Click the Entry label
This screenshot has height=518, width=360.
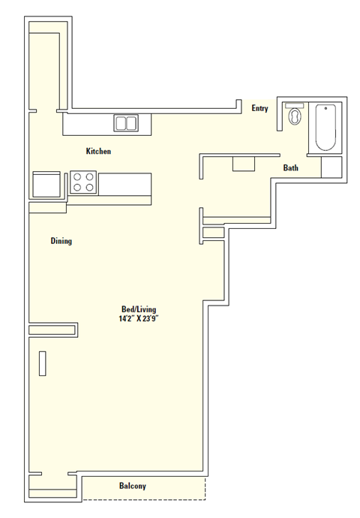coord(260,109)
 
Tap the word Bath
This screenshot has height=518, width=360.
coord(290,168)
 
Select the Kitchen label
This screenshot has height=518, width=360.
coord(98,152)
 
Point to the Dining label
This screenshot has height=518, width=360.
coord(61,241)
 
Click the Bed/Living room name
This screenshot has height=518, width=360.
coord(139,309)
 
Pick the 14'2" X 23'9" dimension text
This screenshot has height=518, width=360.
coord(139,318)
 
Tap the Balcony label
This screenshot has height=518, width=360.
coord(133,486)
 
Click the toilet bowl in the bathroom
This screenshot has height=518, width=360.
coord(295,117)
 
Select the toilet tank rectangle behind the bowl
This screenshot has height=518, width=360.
coord(294,106)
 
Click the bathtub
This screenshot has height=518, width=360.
coord(325,128)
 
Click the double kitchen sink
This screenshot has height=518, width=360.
coord(125,123)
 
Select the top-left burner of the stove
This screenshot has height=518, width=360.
coord(76,177)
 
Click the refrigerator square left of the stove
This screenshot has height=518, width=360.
coord(46,184)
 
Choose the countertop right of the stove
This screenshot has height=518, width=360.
coord(124,183)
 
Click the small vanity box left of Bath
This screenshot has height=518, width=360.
coord(243,164)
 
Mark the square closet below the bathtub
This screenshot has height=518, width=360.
coord(331,167)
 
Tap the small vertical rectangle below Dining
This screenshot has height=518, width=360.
coord(42,363)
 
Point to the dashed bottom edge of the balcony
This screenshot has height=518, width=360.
coord(142,500)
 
